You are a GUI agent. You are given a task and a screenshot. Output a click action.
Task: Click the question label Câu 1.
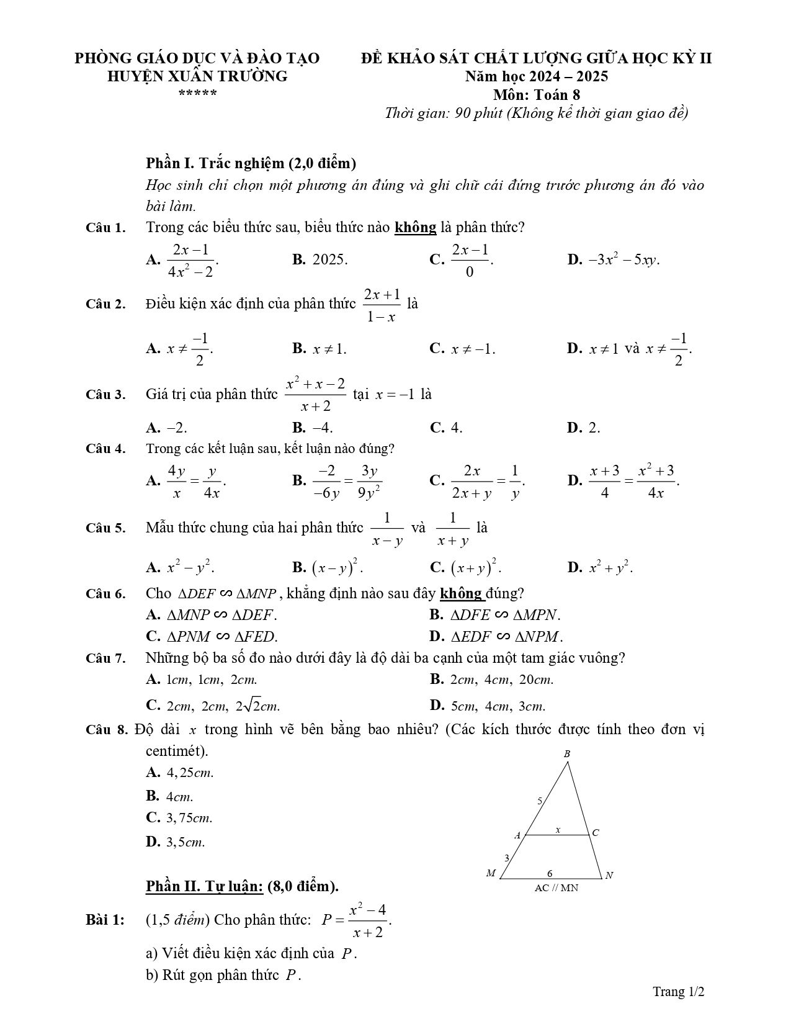click(x=105, y=228)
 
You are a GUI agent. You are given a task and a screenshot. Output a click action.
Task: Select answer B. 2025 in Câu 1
click(x=320, y=259)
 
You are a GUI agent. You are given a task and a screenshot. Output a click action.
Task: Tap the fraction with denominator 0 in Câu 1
click(x=470, y=260)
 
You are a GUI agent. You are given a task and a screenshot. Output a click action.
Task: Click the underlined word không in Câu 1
click(x=415, y=228)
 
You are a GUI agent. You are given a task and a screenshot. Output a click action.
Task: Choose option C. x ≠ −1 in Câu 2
click(x=462, y=349)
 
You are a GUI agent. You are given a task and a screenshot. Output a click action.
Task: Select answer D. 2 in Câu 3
click(x=583, y=428)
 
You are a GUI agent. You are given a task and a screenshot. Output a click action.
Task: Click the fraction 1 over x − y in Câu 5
click(x=387, y=529)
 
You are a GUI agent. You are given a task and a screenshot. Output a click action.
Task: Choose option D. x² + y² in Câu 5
click(x=600, y=567)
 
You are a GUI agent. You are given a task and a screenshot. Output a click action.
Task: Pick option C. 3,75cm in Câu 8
click(x=179, y=818)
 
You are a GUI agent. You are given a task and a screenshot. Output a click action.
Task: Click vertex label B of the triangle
click(x=566, y=754)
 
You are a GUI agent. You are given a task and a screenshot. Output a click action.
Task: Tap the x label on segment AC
click(x=558, y=829)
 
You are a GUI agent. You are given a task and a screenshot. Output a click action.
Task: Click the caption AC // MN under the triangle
click(x=556, y=888)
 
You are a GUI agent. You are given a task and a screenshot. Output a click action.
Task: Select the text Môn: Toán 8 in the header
click(x=537, y=95)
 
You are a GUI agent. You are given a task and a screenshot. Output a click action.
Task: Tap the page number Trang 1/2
click(x=678, y=992)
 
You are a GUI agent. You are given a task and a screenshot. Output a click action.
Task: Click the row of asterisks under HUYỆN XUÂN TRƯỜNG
click(x=197, y=94)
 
